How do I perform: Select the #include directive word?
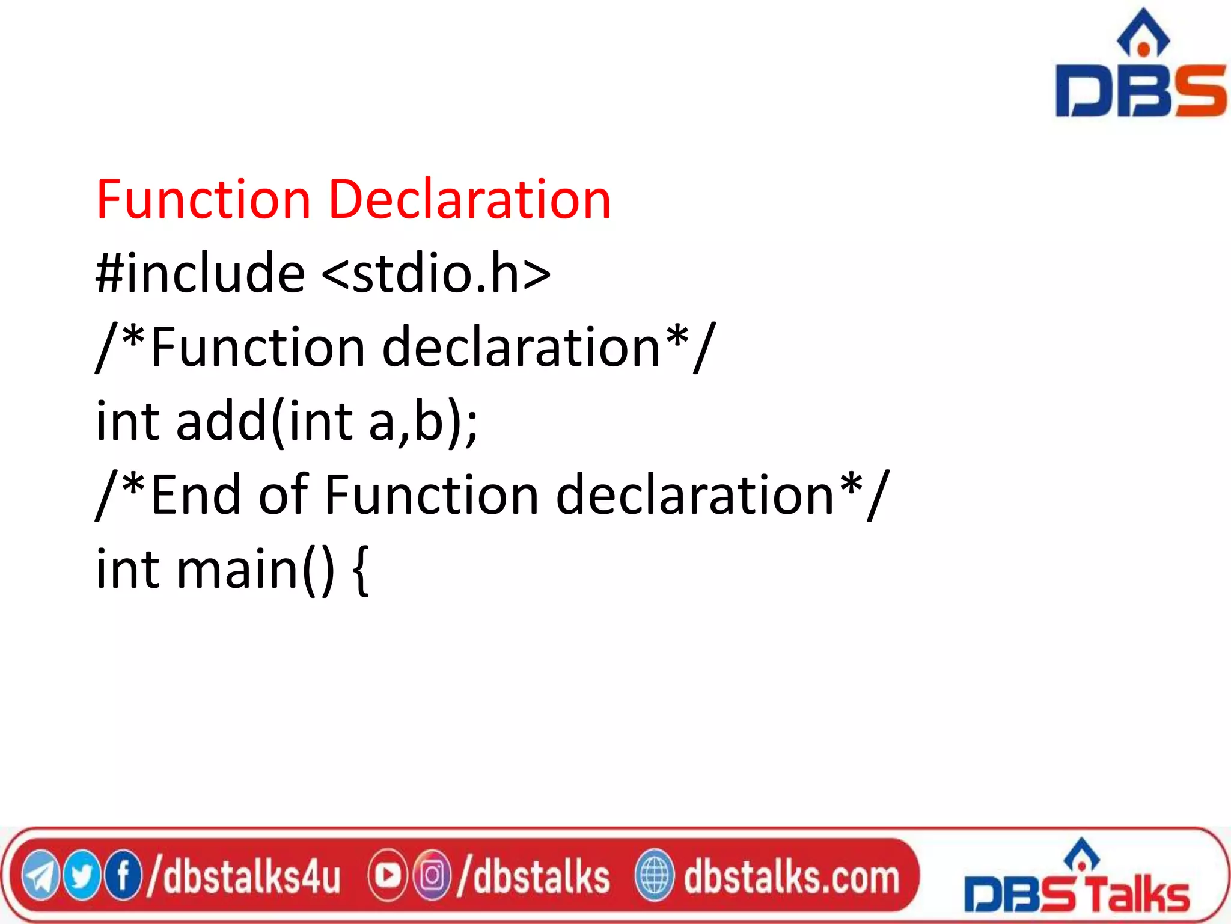click(200, 274)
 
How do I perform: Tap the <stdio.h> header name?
click(436, 274)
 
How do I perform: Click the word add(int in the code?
click(264, 421)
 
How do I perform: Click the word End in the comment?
click(196, 494)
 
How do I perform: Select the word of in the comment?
click(283, 494)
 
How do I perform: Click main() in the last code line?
click(255, 569)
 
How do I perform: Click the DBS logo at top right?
click(1140, 66)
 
